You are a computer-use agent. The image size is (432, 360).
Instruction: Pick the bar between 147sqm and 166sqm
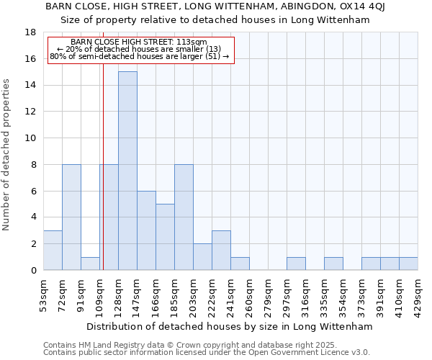146,230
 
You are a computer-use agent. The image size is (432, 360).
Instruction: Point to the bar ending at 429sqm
408,264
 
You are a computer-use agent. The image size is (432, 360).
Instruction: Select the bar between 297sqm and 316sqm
296,264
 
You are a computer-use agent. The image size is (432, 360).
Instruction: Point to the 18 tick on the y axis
30,32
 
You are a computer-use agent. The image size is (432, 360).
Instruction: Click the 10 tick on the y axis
30,138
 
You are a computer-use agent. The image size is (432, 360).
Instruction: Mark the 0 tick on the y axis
33,271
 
